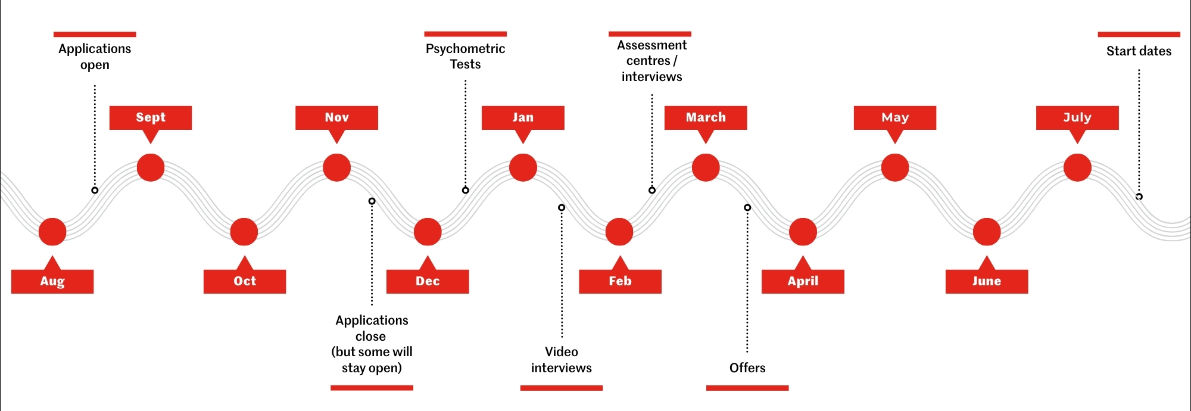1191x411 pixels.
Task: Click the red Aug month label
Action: click(x=52, y=281)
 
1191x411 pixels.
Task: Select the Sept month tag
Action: click(x=151, y=117)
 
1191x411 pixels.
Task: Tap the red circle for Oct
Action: click(x=244, y=232)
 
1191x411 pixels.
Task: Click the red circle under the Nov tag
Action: click(x=336, y=167)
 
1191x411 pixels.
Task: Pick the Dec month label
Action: click(x=428, y=281)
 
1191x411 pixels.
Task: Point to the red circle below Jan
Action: click(x=523, y=167)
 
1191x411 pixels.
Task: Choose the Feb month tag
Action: click(x=620, y=281)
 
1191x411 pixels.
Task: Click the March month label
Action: click(x=706, y=117)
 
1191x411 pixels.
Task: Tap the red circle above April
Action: click(x=803, y=232)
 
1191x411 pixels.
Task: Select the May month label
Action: click(x=895, y=117)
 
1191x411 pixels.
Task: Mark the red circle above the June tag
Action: click(x=987, y=232)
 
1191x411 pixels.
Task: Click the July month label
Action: click(x=1077, y=117)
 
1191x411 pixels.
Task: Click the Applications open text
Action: click(x=95, y=57)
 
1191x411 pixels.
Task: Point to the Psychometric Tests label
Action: click(x=465, y=57)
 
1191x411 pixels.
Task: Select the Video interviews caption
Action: click(x=562, y=360)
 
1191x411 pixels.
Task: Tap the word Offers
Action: click(x=747, y=368)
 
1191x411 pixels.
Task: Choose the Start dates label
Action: click(x=1139, y=51)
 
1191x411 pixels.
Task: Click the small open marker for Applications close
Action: click(x=372, y=201)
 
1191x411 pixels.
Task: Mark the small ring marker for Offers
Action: click(x=747, y=207)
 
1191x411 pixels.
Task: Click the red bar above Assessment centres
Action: click(x=650, y=34)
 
